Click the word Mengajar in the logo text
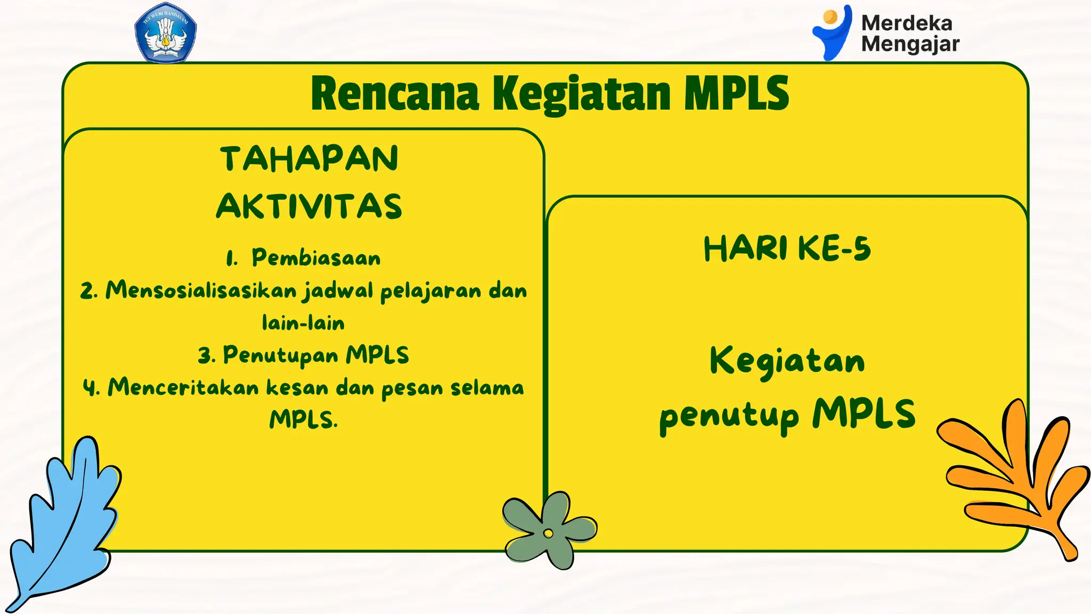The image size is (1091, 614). pos(910,44)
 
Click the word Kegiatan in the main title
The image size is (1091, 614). pos(581,94)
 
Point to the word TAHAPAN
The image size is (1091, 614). pos(309,159)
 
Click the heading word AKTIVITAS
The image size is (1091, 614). pos(309,207)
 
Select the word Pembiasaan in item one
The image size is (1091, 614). pos(316,258)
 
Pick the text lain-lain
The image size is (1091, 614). pos(303,323)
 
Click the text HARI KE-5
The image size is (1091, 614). pos(787,249)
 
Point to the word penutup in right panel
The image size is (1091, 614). pos(729,416)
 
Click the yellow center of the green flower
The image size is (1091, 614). pos(548,533)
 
